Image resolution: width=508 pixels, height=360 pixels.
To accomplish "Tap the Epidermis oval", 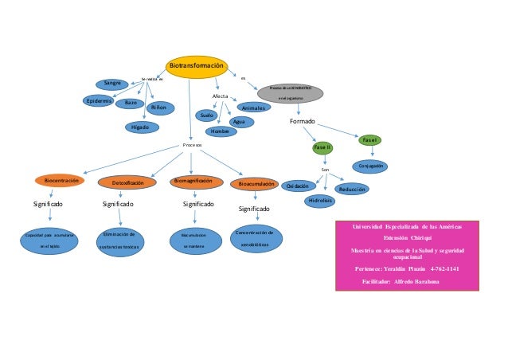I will (x=101, y=101).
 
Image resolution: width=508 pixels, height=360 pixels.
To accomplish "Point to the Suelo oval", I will (x=206, y=115).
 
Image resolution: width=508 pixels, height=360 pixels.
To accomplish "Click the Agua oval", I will (x=239, y=122).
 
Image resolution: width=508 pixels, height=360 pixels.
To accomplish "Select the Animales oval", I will (x=254, y=107).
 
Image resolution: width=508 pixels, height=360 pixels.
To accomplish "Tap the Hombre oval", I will (x=219, y=131).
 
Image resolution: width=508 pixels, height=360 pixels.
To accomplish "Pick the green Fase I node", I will (x=369, y=140).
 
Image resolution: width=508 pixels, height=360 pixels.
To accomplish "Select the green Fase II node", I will (x=322, y=148).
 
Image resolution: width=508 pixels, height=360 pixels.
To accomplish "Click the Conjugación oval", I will (x=372, y=166).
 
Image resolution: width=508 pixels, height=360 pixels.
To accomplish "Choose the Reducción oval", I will (x=351, y=190).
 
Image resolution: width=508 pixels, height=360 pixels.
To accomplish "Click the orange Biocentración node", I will (x=61, y=182).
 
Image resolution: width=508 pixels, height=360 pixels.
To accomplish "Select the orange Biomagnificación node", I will (x=192, y=182).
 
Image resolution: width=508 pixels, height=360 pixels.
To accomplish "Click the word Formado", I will (x=303, y=121).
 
